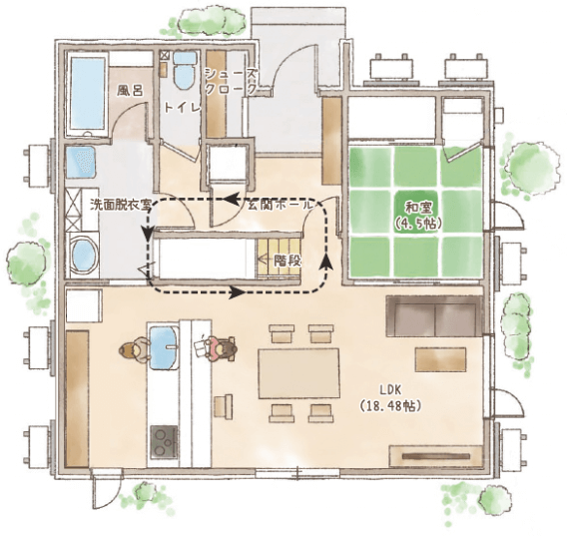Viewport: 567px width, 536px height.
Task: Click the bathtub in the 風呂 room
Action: click(87, 94)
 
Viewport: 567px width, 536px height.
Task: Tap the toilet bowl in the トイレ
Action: click(185, 70)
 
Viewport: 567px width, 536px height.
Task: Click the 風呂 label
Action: click(130, 90)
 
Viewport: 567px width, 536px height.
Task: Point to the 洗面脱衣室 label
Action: click(121, 205)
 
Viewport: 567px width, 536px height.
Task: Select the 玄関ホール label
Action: click(280, 205)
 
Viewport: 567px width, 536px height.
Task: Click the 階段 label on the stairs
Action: click(287, 261)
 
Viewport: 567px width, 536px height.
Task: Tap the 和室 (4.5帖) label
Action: click(418, 217)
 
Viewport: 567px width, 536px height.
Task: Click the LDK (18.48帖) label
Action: click(390, 398)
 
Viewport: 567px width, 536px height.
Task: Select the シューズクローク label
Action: click(231, 82)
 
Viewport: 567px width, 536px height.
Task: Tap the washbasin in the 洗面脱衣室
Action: click(81, 162)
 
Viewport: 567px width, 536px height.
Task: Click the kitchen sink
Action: click(164, 347)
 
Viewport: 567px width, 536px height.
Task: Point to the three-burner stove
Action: click(164, 441)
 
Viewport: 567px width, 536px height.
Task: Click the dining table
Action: click(298, 373)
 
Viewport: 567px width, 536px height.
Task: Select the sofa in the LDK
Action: click(434, 316)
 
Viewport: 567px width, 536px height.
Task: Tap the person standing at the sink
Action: click(134, 350)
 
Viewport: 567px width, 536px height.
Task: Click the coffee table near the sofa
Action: click(440, 359)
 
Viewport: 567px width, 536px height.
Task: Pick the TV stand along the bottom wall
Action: click(436, 456)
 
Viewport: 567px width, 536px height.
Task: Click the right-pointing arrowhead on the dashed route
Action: click(237, 291)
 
